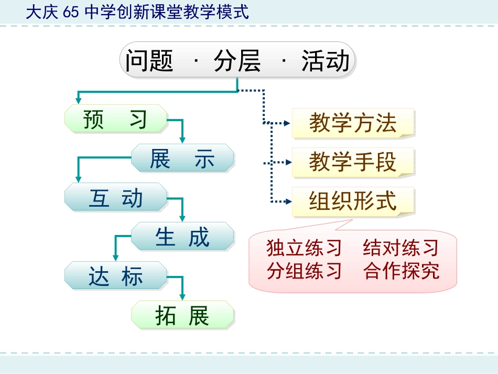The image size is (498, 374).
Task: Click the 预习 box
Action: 115,119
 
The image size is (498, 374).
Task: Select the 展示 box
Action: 182,158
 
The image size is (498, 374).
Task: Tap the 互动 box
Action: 115,197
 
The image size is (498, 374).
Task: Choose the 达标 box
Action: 115,276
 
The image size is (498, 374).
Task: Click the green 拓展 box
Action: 182,315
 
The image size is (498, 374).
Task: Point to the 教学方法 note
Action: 352,123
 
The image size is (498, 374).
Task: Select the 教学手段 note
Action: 352,163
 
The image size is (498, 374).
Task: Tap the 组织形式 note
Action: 352,201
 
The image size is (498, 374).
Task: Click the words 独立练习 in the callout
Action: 304,248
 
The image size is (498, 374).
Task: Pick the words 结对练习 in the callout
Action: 401,248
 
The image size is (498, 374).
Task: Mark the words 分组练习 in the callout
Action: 304,271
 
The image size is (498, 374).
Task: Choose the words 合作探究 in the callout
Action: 401,271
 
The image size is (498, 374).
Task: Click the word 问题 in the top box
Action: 149,61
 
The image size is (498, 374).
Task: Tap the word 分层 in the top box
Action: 237,61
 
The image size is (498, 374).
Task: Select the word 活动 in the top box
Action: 325,61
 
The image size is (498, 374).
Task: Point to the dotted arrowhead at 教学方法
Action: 286,123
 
